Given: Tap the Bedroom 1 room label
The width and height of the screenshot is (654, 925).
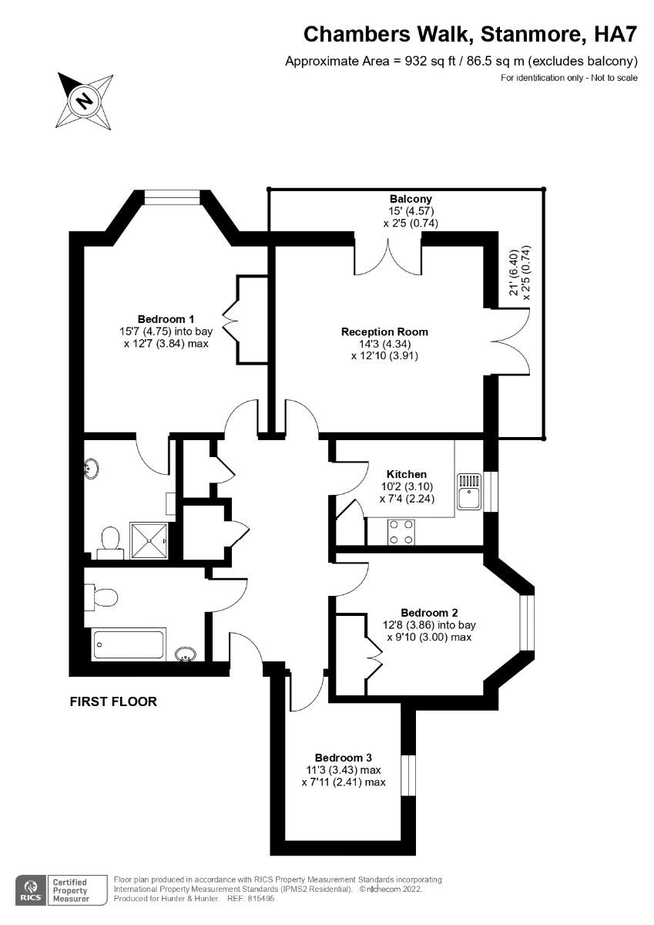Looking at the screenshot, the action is [166, 319].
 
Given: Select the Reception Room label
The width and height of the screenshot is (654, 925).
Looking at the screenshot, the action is [384, 332].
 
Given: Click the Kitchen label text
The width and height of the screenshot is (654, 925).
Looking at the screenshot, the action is [407, 474].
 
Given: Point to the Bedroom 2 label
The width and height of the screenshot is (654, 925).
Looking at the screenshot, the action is [430, 613].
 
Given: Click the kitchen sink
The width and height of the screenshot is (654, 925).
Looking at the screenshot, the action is [469, 492].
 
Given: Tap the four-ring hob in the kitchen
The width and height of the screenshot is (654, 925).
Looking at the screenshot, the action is [401, 533].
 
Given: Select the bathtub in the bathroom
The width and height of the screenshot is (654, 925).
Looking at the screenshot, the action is [129, 644].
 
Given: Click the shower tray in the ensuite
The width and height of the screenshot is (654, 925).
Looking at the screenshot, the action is [149, 540].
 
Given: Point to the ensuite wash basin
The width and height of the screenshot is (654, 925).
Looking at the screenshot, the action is [92, 469].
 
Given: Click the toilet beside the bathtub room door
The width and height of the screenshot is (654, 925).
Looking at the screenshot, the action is [101, 597].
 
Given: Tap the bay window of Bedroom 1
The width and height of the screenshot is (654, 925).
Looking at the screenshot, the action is [173, 197].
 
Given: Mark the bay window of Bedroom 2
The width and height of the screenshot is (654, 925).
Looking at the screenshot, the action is [527, 622].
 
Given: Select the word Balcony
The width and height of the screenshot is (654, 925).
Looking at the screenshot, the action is [411, 199].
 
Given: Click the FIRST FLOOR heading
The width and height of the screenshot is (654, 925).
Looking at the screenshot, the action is [113, 701].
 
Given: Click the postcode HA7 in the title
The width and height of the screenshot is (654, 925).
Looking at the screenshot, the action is [615, 34].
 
